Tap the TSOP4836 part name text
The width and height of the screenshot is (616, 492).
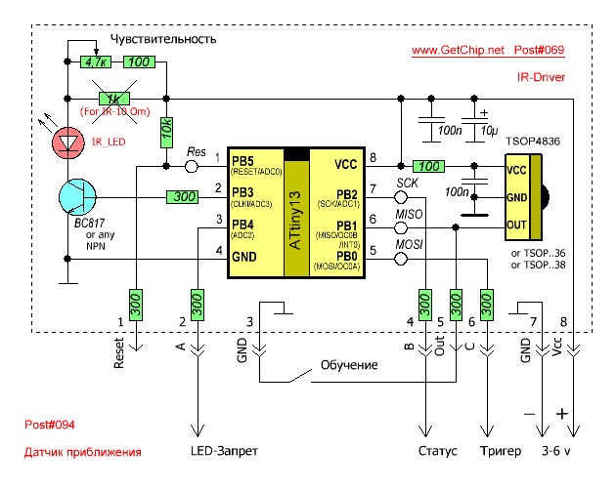coord(532,143)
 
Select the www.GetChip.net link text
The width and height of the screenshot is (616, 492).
coord(457,49)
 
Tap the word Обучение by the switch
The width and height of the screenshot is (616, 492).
coord(349,365)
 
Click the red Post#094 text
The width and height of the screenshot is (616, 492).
coord(50,425)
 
